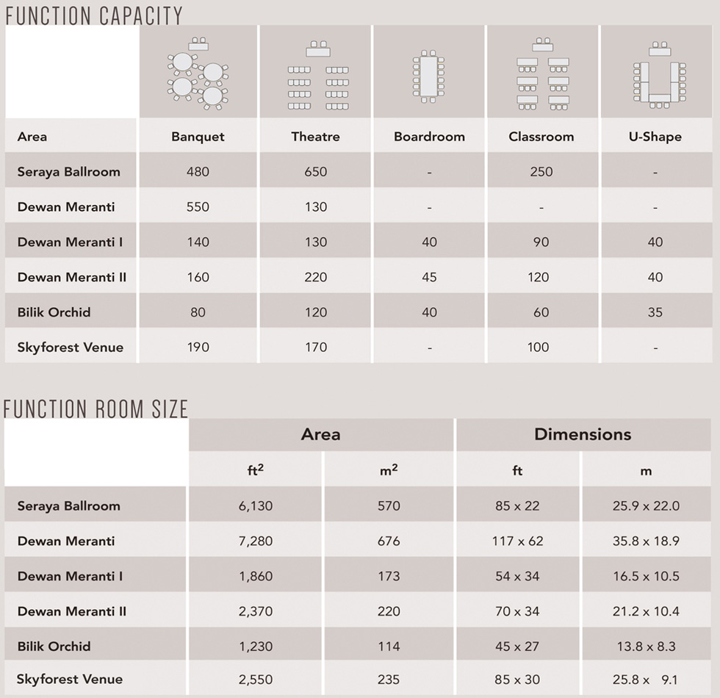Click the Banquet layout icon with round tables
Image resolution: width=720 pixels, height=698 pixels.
point(198,73)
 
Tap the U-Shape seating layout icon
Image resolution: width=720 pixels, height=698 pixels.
point(659,74)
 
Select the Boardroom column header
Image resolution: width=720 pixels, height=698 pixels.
point(429,137)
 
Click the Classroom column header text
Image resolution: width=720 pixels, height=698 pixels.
point(541,137)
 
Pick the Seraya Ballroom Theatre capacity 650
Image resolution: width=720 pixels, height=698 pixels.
point(316,172)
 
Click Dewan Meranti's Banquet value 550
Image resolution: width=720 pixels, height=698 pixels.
point(198,207)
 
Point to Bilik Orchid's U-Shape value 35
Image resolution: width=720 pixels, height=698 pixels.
point(655,312)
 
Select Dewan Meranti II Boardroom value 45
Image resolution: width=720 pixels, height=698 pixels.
point(429,277)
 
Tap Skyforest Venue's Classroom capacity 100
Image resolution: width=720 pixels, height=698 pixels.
point(538,348)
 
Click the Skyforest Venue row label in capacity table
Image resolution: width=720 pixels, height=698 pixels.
point(71,348)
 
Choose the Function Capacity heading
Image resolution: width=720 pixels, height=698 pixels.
point(93,15)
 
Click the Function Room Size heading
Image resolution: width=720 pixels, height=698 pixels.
point(96,408)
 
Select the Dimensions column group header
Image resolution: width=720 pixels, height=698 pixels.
point(583,434)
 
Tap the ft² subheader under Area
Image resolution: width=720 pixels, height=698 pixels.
point(255,470)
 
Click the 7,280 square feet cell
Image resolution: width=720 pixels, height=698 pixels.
point(256,542)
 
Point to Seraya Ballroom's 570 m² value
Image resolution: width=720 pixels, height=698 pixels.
point(389,506)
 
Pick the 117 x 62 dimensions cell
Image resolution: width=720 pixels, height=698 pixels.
point(517,542)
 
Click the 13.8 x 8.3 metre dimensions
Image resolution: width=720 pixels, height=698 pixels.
point(646,647)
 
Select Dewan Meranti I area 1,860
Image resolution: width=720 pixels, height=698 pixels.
point(256,577)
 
